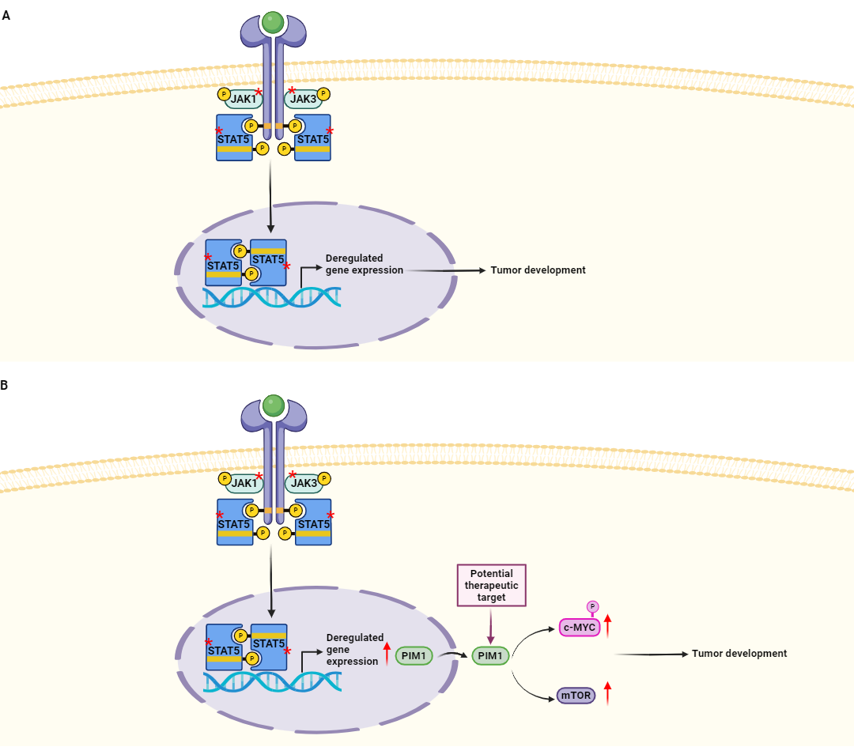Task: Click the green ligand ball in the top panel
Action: pyautogui.click(x=274, y=22)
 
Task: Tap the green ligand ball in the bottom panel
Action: pyautogui.click(x=274, y=406)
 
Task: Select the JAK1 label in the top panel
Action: pyautogui.click(x=244, y=99)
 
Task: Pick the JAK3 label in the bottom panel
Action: pyautogui.click(x=304, y=482)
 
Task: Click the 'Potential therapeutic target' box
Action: pyautogui.click(x=491, y=586)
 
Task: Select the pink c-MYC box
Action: pyautogui.click(x=579, y=628)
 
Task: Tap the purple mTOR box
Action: pyautogui.click(x=576, y=696)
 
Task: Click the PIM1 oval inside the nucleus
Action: pyautogui.click(x=414, y=655)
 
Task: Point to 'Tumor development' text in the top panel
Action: pyautogui.click(x=538, y=270)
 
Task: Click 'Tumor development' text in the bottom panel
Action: pyautogui.click(x=739, y=654)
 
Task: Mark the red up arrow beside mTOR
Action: pyautogui.click(x=607, y=693)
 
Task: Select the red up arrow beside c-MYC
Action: pyautogui.click(x=607, y=625)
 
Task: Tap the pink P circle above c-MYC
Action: pyautogui.click(x=592, y=606)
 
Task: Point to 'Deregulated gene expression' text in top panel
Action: pyautogui.click(x=364, y=264)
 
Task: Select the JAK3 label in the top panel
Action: pyautogui.click(x=303, y=99)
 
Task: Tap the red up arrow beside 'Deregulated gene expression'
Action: pyautogui.click(x=387, y=653)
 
